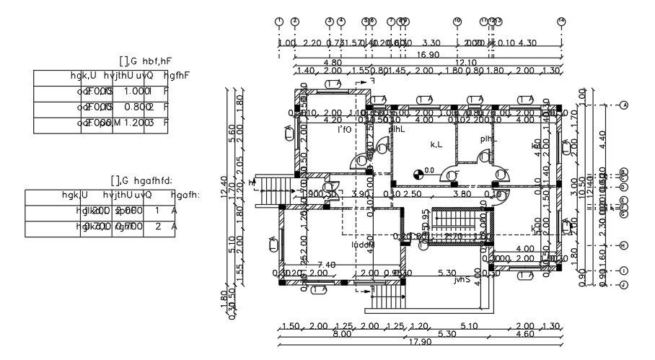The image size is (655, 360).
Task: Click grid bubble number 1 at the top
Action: point(279,21)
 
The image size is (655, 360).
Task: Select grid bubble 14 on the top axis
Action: point(561,21)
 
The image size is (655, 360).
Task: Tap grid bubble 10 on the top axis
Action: point(457,21)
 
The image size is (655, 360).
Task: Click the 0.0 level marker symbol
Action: point(418,172)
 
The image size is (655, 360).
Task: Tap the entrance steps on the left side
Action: point(273,190)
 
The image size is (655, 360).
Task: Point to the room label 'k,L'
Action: point(436,145)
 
